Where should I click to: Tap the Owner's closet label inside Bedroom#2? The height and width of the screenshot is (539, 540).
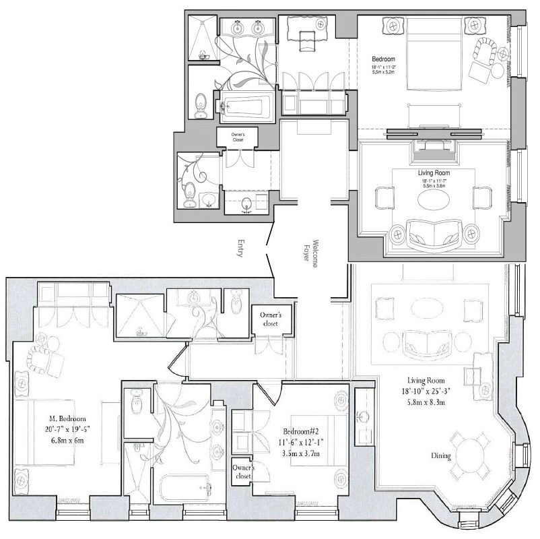pyautogui.click(x=242, y=471)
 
